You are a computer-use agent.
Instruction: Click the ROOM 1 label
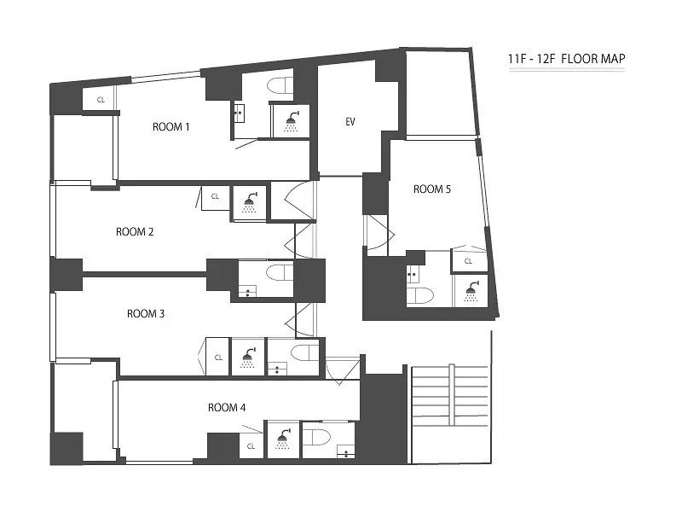pos(171,126)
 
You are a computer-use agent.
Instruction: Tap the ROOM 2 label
pos(135,231)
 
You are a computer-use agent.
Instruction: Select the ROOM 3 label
pos(146,313)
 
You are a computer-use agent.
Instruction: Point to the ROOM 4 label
pos(227,408)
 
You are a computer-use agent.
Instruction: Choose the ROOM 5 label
pos(432,189)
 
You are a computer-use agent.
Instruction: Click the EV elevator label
pos(350,122)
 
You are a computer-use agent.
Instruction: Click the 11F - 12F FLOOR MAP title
pos(567,59)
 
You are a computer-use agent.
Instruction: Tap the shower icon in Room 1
pos(292,121)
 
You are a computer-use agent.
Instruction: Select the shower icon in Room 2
pos(250,202)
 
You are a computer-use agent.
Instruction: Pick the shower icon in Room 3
pos(248,358)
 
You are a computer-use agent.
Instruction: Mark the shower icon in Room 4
pos(283,439)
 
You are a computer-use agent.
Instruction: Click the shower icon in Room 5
pos(471,291)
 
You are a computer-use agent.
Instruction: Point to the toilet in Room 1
pos(280,85)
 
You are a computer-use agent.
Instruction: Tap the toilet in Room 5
pos(420,295)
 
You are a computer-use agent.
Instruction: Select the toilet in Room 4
pos(317,436)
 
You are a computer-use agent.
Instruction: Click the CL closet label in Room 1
pos(101,100)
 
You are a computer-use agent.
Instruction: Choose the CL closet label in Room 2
pos(215,196)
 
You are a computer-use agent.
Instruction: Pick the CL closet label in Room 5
pos(468,261)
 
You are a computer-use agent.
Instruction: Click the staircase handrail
pos(452,394)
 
